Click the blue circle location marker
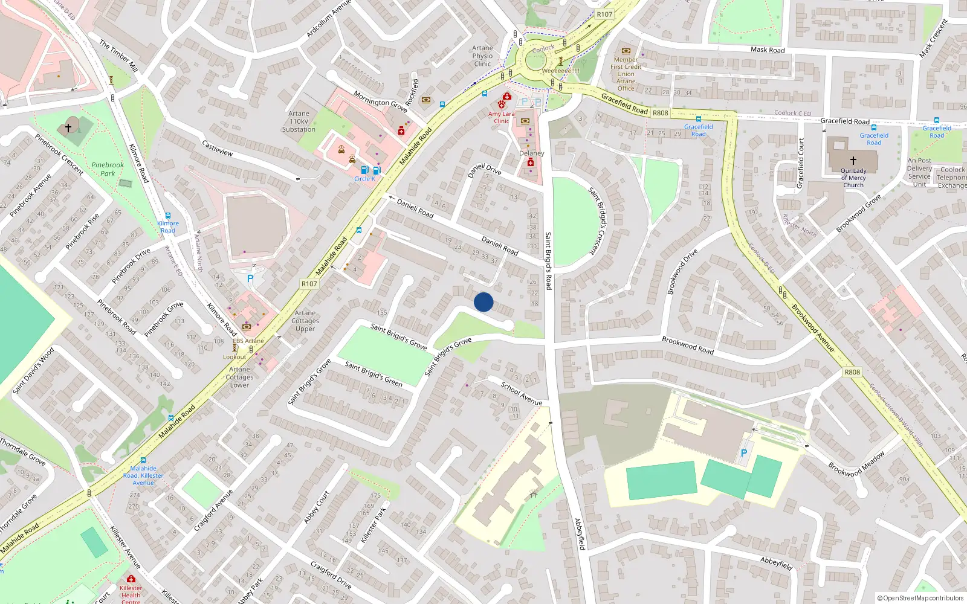(483, 302)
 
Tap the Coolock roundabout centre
(535, 60)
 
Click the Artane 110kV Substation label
(299, 121)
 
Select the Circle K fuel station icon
(364, 170)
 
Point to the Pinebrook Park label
(108, 169)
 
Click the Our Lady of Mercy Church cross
(853, 161)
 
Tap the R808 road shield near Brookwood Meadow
(852, 372)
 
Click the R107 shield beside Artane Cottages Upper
(309, 283)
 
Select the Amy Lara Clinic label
(502, 117)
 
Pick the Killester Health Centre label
(131, 594)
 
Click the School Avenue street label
(522, 394)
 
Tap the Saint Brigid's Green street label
(374, 374)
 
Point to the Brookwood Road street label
(688, 345)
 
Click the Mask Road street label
(768, 50)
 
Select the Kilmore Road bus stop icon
(168, 216)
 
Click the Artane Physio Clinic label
(482, 56)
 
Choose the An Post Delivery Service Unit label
(919, 172)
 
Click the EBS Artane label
(248, 341)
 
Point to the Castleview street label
(218, 149)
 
